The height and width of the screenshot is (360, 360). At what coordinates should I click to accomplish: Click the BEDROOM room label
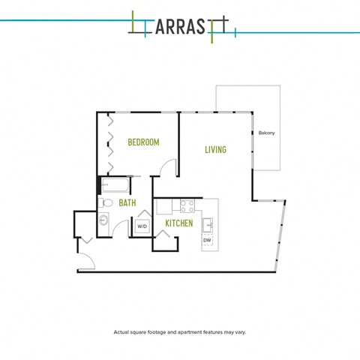point(143,142)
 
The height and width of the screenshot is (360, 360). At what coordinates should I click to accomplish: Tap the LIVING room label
point(215,149)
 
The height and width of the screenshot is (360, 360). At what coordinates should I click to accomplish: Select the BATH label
point(127,202)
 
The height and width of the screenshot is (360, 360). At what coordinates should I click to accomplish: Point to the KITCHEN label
point(179,223)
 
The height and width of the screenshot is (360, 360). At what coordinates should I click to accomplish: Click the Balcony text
point(266,133)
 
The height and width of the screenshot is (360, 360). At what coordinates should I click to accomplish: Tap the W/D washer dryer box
point(142,226)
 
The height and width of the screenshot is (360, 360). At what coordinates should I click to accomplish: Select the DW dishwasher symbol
point(207,241)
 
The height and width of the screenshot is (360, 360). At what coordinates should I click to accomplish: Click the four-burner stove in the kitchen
point(187,206)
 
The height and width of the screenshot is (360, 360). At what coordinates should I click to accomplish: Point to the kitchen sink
point(208,225)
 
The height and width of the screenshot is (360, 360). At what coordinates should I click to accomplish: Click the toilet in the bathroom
point(106,202)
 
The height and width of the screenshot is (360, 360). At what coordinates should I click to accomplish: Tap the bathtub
point(115,185)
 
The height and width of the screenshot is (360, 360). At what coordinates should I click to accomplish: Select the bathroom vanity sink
point(103,220)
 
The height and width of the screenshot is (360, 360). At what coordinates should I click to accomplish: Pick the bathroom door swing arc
point(117,225)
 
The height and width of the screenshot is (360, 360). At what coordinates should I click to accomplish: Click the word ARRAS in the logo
point(180,27)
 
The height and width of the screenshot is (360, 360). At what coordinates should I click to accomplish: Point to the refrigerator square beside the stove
point(164,206)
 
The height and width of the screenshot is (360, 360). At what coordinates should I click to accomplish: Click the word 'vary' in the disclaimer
point(240,332)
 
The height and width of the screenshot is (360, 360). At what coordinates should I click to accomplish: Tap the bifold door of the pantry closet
point(163,233)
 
